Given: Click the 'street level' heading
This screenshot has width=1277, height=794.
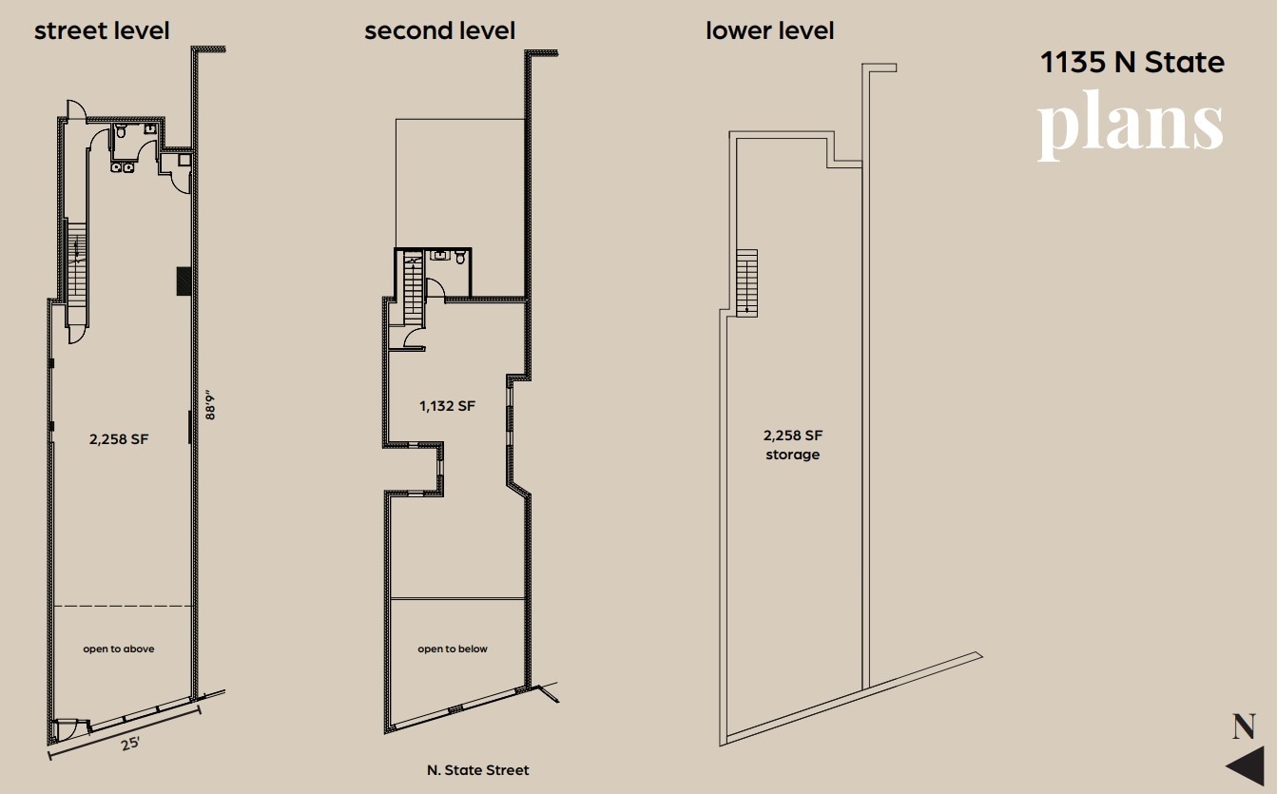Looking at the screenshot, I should click(x=102, y=30).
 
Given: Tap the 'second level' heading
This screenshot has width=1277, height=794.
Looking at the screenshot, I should click(x=439, y=30).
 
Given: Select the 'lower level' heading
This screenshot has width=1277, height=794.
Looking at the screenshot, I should click(x=769, y=30).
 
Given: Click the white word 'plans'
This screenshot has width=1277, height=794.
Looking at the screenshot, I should click(x=1130, y=125).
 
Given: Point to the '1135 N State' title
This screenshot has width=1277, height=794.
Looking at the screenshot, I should click(x=1132, y=63).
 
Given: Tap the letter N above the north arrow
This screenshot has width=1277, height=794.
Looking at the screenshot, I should click(x=1244, y=726).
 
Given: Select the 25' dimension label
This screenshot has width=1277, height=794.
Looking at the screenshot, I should click(x=130, y=742).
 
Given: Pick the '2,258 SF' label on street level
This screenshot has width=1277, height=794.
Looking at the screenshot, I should click(x=118, y=438).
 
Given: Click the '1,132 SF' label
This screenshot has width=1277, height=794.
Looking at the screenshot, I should click(x=447, y=406).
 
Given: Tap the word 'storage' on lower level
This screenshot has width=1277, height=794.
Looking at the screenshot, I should click(x=792, y=455).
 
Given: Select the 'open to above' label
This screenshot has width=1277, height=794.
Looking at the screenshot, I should click(x=118, y=649).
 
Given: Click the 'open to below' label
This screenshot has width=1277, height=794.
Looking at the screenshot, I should click(x=453, y=649).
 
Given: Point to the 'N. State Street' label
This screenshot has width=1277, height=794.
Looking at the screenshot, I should click(x=477, y=769).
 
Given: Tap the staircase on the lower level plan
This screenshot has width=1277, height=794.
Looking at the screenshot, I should click(x=747, y=281).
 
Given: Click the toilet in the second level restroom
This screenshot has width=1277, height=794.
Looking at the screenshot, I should click(x=460, y=257).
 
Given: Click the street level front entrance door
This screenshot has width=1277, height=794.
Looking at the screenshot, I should click(x=66, y=730).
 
